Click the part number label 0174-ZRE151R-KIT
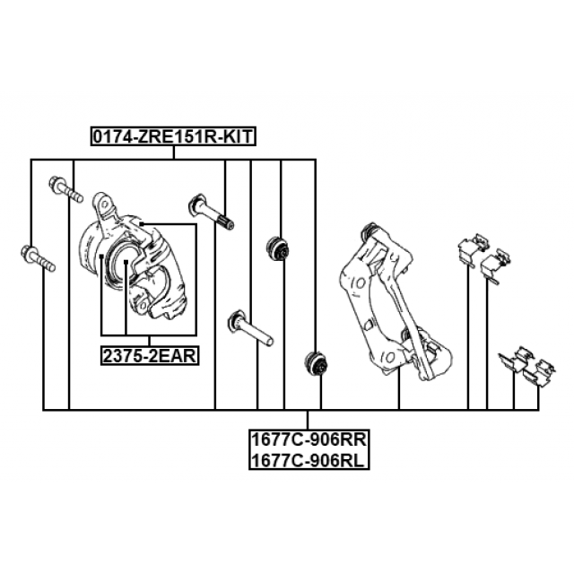173,136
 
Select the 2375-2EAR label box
150,356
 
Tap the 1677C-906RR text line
309,439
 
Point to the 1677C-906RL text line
309,460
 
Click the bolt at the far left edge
38,259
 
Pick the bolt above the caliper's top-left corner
65,189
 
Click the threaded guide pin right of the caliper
211,213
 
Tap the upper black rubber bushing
278,248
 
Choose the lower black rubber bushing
317,363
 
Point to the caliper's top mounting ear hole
105,204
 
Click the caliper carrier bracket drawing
395,301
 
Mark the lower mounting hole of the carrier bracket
390,357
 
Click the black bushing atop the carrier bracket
369,230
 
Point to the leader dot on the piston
126,262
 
